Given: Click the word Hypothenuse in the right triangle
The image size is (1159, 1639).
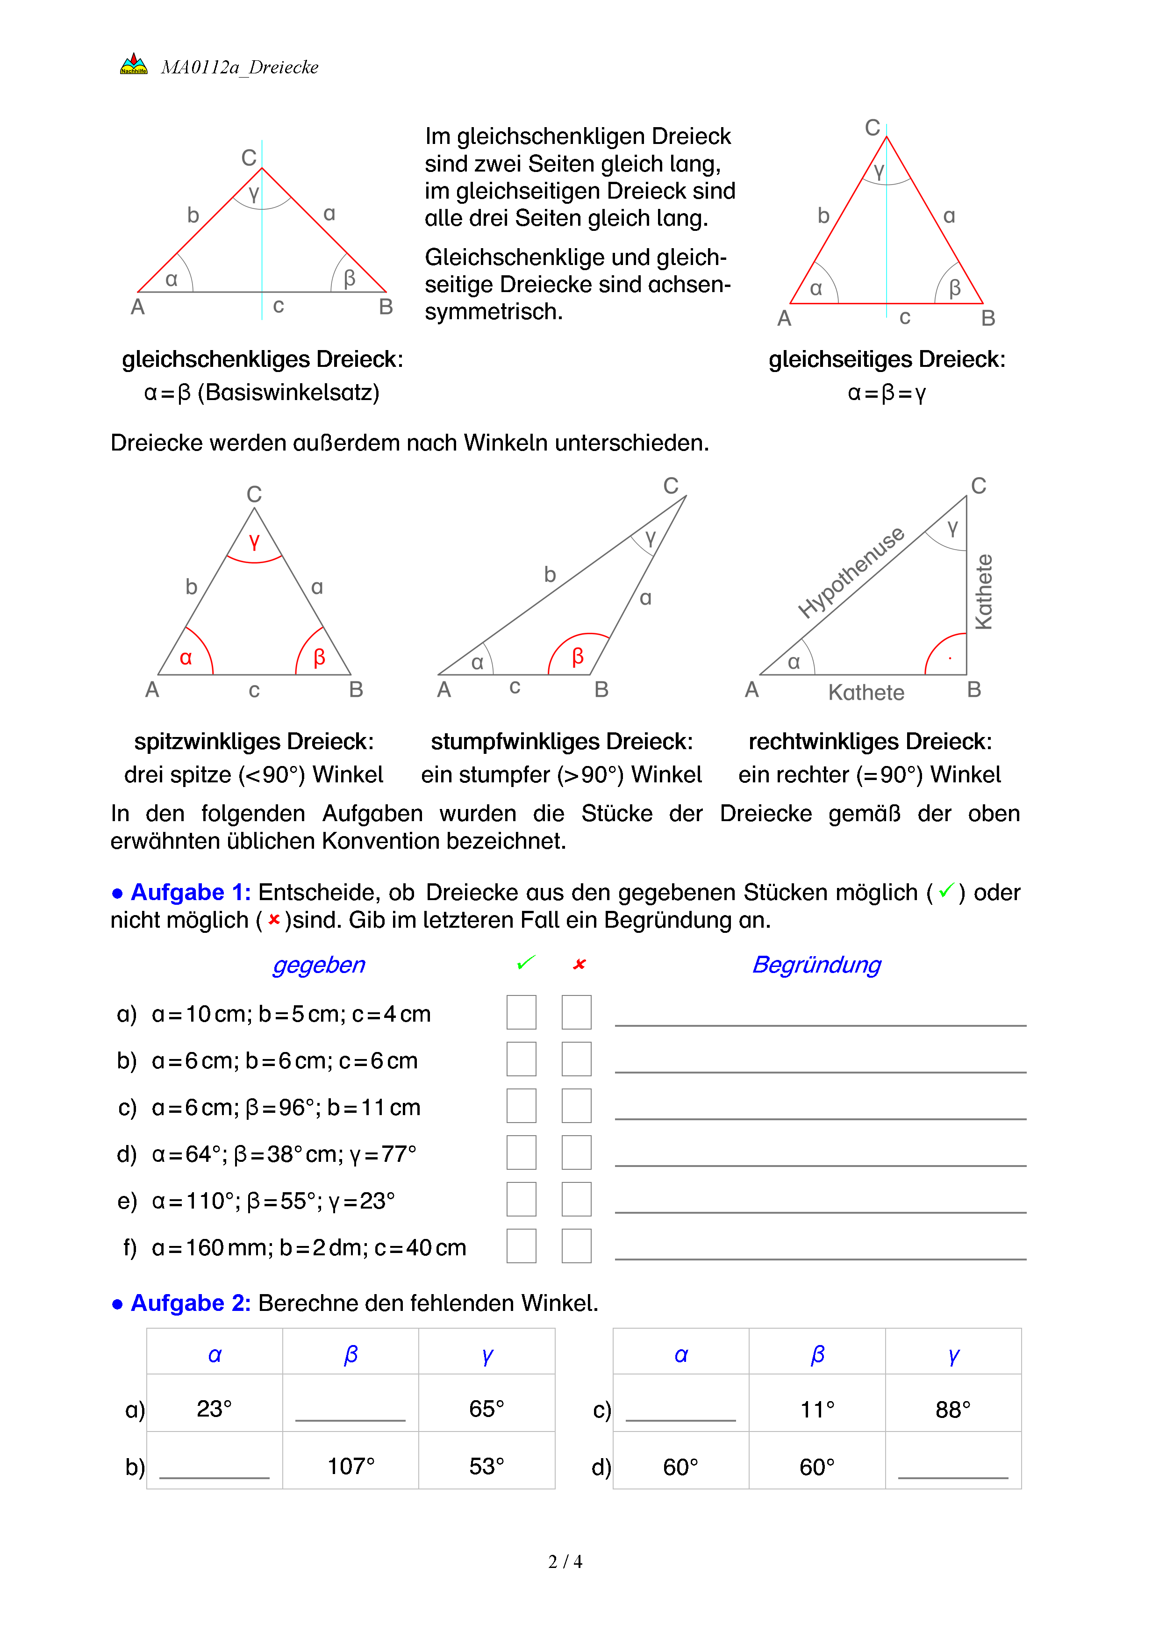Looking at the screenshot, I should click(x=851, y=573).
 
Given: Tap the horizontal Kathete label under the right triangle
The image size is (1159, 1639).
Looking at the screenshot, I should click(x=866, y=693).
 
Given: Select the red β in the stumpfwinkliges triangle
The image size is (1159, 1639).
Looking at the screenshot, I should click(x=578, y=656).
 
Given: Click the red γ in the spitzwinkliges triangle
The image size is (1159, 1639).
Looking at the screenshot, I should click(x=254, y=542).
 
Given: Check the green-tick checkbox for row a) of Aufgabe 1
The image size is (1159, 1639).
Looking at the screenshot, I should click(x=521, y=1012).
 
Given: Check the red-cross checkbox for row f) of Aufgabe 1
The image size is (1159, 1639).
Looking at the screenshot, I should click(x=576, y=1245).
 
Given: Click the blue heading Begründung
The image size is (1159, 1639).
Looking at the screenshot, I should click(x=816, y=965).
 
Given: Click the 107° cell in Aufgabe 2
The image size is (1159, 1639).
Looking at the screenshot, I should click(x=351, y=1466).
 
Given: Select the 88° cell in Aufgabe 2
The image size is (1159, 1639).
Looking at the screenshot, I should click(x=953, y=1409).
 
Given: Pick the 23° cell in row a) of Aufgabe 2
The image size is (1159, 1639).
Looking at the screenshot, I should click(x=214, y=1409).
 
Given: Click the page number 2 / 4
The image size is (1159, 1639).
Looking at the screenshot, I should click(x=565, y=1562).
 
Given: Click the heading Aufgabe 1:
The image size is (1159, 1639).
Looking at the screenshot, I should click(x=190, y=892).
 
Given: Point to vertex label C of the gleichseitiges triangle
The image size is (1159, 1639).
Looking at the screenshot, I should click(x=872, y=128).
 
